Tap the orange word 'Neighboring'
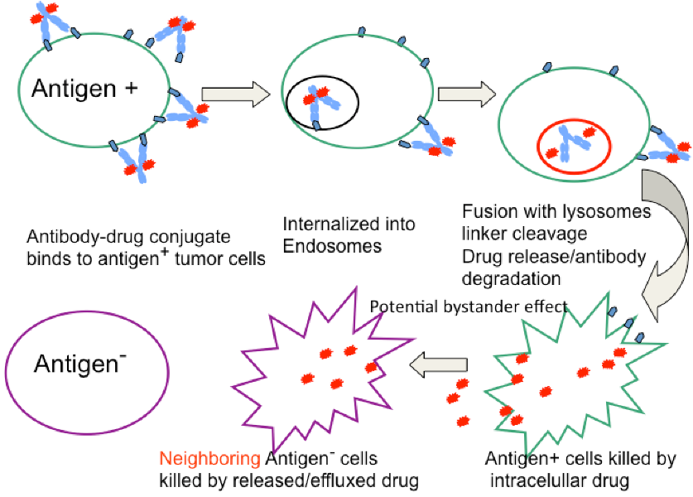[199, 458]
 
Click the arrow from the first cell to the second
[236, 94]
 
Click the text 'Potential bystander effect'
[469, 306]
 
